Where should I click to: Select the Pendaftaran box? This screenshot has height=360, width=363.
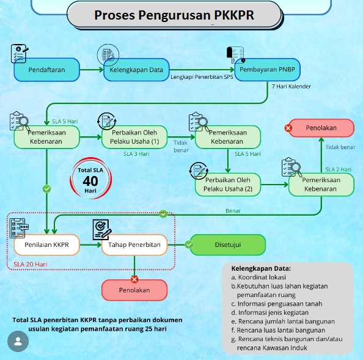coord(47,70)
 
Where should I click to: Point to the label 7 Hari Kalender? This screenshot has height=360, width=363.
coord(291,87)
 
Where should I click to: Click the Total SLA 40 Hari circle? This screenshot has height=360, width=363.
coord(90,178)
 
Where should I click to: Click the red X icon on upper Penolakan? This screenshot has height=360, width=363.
coord(288,128)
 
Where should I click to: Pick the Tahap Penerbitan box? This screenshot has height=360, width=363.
coord(134,244)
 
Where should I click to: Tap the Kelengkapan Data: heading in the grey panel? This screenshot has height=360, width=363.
coord(261,268)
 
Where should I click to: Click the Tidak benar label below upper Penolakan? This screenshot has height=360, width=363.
coord(340,147)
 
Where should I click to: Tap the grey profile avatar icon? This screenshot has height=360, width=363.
coord(17,341)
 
